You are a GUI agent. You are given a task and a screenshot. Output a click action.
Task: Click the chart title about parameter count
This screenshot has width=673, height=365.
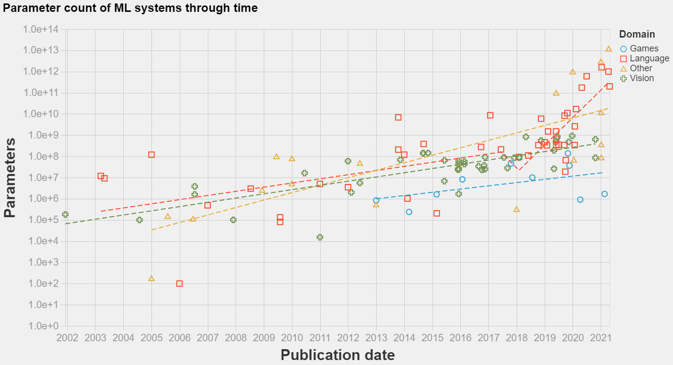point(130,8)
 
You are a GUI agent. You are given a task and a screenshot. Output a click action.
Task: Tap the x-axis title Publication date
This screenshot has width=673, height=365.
point(337,355)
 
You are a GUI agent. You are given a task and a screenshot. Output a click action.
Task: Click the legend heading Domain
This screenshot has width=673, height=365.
point(637,34)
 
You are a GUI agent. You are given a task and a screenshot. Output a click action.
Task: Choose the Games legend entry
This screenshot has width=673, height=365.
point(644,48)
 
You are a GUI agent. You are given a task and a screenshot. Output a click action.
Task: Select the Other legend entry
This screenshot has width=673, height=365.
point(641,68)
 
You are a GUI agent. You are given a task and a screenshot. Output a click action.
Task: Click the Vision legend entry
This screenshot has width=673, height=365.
point(642,78)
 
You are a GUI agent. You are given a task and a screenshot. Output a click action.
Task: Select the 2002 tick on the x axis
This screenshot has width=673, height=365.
point(67,337)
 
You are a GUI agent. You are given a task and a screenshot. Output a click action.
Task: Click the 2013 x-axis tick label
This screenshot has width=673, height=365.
point(376,337)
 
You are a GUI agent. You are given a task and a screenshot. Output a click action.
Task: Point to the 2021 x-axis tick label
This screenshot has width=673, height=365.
point(601,337)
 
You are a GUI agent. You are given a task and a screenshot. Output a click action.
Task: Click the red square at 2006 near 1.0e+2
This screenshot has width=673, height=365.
point(180,283)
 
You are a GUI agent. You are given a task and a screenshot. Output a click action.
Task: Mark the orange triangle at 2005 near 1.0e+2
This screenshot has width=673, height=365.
point(151,278)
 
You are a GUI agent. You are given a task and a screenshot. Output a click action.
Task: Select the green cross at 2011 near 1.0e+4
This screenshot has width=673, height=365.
point(320,237)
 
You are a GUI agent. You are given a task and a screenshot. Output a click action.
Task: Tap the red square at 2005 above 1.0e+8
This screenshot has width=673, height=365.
point(151,155)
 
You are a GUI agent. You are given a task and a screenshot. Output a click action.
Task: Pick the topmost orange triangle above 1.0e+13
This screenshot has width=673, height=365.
point(609,48)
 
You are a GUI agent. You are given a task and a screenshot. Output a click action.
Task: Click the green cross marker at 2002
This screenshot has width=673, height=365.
point(65,215)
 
